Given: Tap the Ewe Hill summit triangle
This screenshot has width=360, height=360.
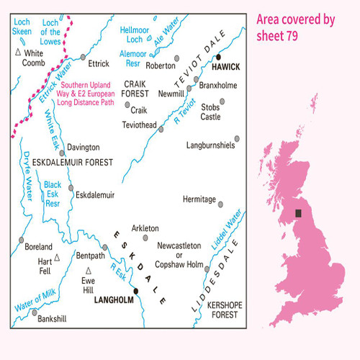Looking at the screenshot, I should pyautogui.click(x=88, y=269).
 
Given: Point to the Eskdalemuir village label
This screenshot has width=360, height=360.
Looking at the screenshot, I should pyautogui.click(x=96, y=194).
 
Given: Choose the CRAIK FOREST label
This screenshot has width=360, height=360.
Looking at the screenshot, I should pyautogui.click(x=135, y=89).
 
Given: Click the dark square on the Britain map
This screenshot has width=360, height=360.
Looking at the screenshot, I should pyautogui.click(x=299, y=213).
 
